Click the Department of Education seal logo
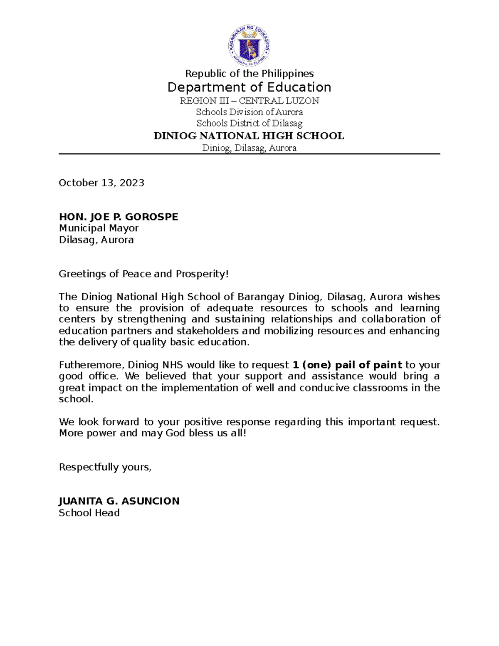click(249, 45)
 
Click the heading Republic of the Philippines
click(249, 74)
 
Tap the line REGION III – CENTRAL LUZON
click(249, 101)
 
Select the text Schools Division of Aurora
click(249, 112)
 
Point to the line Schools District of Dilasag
click(249, 123)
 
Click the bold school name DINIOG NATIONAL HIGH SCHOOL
click(249, 136)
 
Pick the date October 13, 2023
click(101, 183)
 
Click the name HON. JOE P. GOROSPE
click(119, 217)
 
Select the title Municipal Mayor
click(99, 228)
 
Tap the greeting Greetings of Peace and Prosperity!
click(144, 274)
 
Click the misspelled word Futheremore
click(91, 365)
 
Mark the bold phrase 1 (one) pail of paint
click(347, 365)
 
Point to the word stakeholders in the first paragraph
click(208, 331)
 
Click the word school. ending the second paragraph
click(76, 399)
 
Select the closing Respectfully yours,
click(105, 467)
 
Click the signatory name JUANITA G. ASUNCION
click(119, 501)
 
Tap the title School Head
click(89, 513)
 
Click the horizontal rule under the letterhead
click(249, 154)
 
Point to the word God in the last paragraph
click(175, 433)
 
